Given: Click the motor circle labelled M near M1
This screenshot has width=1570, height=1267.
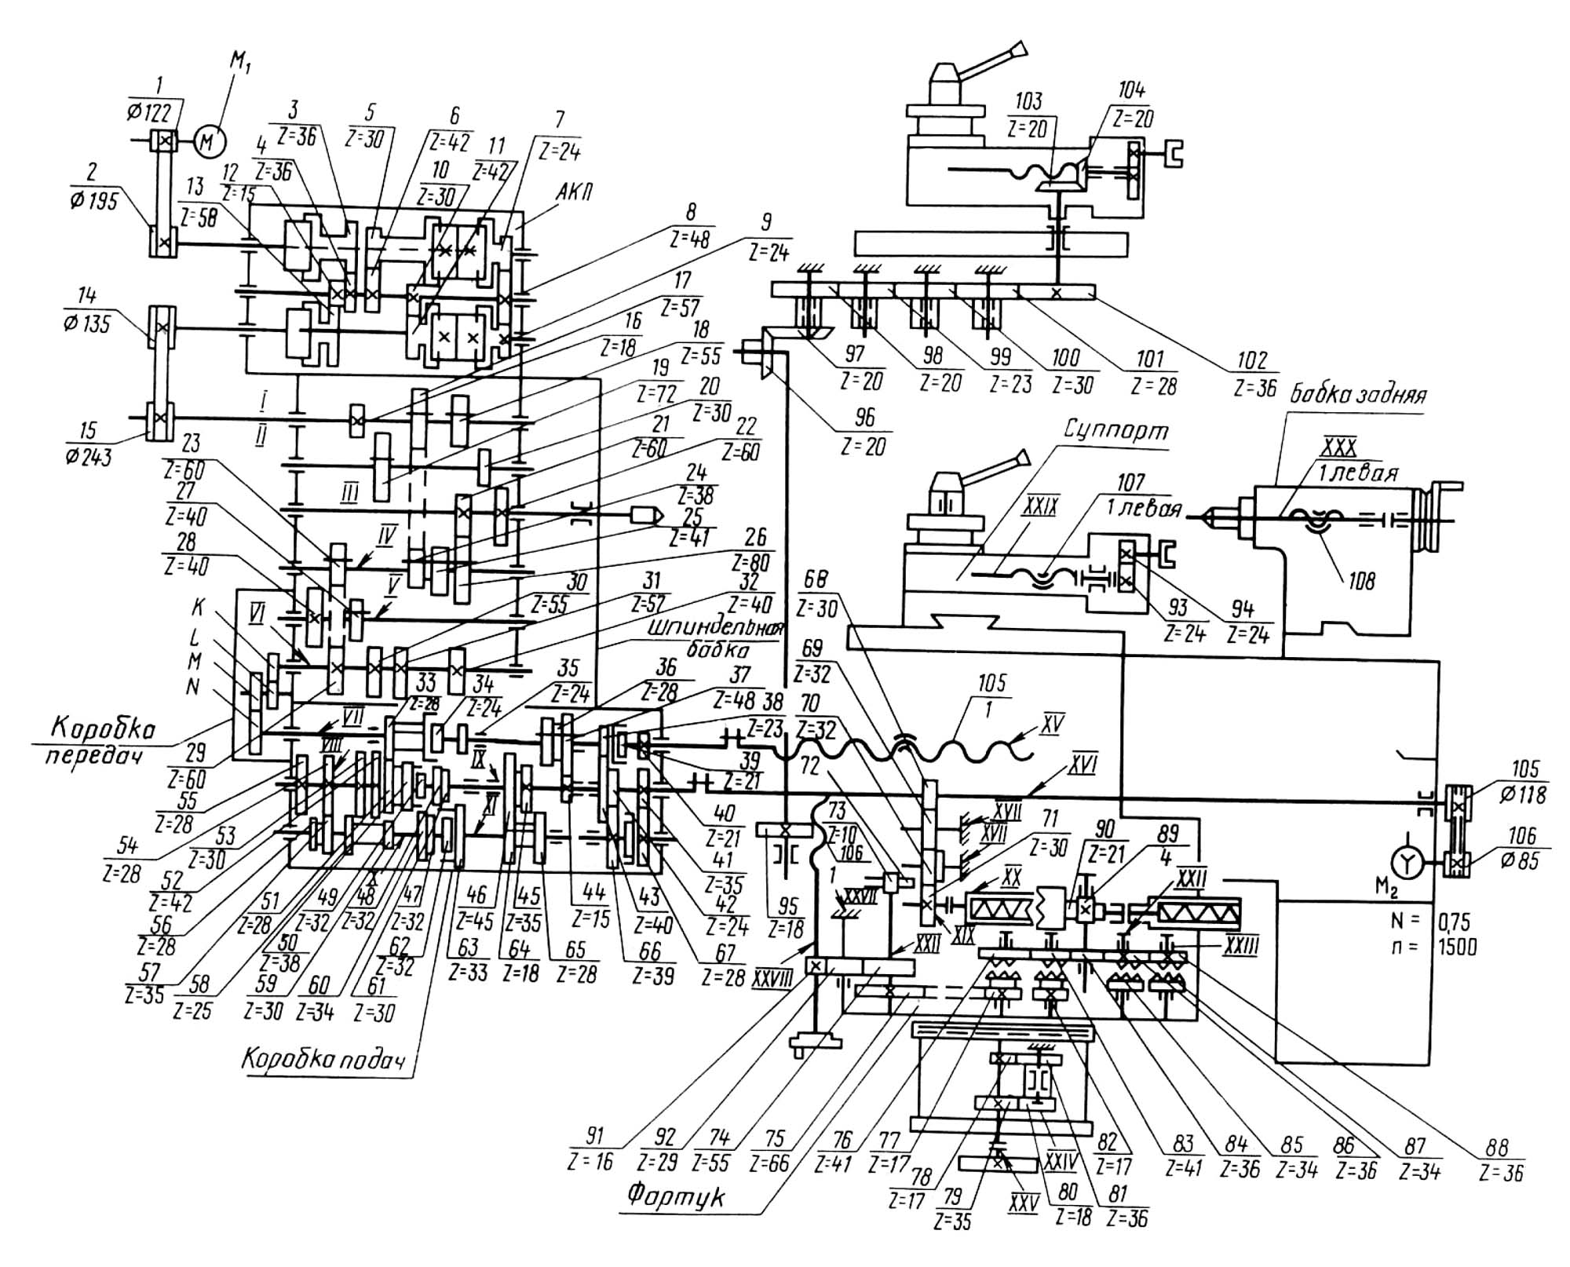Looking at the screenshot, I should point(207,141).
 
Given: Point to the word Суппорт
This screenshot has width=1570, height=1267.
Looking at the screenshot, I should point(1115,431).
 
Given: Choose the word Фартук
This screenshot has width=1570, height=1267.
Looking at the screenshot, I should point(676,1196).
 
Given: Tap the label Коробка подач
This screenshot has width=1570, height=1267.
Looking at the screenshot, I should point(323,1060).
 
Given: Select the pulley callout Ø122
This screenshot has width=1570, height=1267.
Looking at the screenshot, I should point(149,113).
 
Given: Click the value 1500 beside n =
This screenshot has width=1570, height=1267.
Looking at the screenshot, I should point(1457,947).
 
